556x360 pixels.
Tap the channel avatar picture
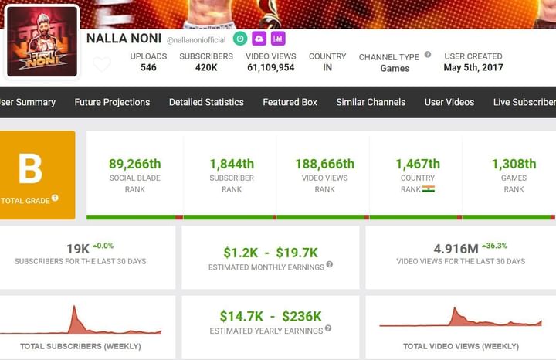pos(42,42)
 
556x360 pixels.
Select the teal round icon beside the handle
pos(240,38)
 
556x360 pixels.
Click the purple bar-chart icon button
pos(278,38)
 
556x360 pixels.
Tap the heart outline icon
pos(101,64)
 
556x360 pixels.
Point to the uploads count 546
pos(148,68)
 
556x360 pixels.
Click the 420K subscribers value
pos(206,68)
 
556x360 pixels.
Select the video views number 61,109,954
pos(270,68)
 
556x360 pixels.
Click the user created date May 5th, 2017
pos(473,68)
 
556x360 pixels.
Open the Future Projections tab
pos(112,102)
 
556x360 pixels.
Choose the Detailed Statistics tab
pos(206,102)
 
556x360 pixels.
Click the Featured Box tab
pos(290,102)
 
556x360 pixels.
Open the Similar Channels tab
pos(371,102)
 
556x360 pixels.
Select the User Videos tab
pos(449,102)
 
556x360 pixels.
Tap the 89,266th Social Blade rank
pos(135,164)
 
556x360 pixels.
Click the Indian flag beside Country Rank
pos(429,188)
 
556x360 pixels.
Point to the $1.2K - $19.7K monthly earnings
pos(270,252)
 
